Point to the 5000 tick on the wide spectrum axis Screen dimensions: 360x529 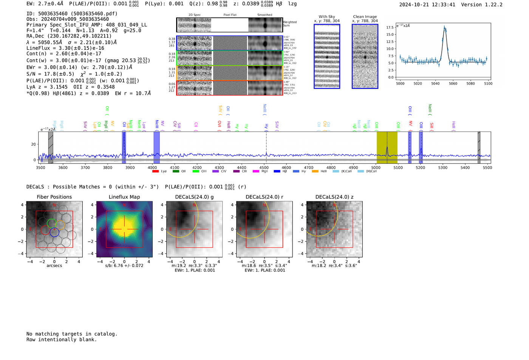pos(376,167)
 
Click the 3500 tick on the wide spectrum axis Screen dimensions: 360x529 pos(40,167)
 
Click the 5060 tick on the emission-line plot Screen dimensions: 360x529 pos(453,83)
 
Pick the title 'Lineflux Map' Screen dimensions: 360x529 pos(124,197)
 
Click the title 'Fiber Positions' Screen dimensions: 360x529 pos(54,197)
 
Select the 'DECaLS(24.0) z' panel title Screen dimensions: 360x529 pos(334,197)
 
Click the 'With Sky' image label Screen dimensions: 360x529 pos(326,17)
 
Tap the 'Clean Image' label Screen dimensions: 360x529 pos(365,17)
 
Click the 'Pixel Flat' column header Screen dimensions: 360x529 pos(230,15)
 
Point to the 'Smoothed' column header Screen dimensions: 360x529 pos(264,15)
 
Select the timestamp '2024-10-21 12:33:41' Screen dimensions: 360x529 pos(427,5)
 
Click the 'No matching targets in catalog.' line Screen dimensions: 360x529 pos(72,334)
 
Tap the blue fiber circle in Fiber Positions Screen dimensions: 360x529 pos(54,232)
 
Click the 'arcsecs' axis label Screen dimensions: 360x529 pos(54,266)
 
